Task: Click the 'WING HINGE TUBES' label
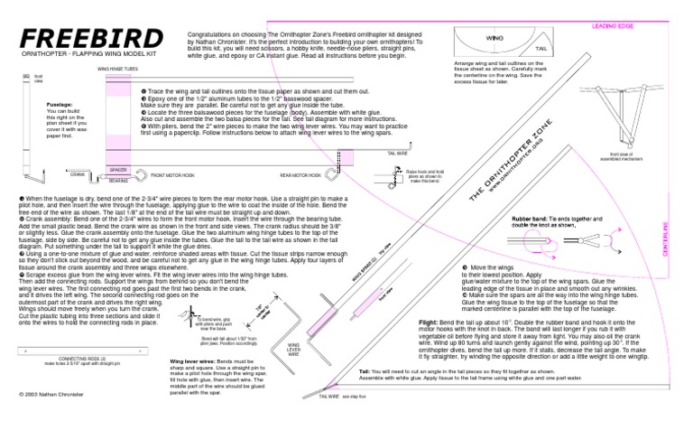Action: pos(117,68)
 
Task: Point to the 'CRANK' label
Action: pos(78,173)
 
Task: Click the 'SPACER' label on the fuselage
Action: pos(118,169)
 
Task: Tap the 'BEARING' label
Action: pos(118,180)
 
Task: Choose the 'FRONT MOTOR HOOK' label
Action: pos(172,174)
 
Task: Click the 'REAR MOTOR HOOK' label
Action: pos(300,174)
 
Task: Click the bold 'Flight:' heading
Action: pos(429,322)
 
